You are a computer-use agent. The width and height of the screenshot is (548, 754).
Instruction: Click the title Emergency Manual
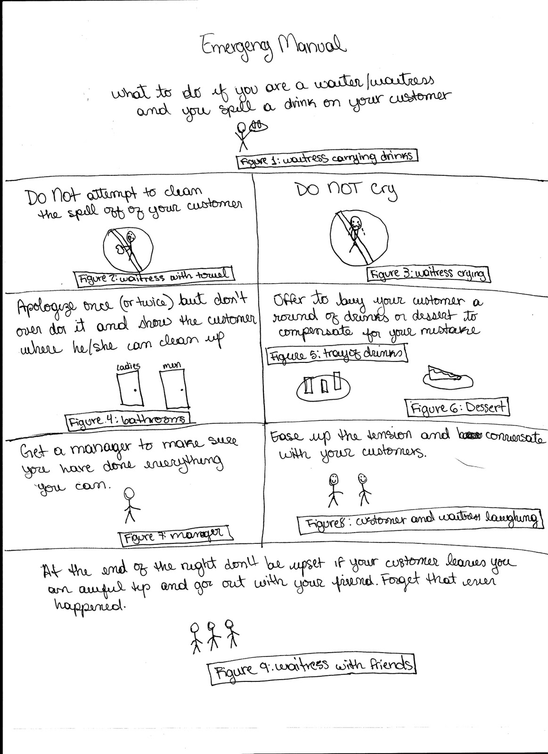tap(272, 48)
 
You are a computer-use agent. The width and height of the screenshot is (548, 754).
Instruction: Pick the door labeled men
tap(175, 390)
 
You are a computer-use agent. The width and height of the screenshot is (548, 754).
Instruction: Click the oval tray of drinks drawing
tap(323, 386)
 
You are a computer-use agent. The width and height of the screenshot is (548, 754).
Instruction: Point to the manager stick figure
tap(130, 505)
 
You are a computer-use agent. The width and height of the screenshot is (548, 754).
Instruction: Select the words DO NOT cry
tap(346, 190)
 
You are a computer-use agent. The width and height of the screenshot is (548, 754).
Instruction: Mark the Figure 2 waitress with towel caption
tap(154, 277)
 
